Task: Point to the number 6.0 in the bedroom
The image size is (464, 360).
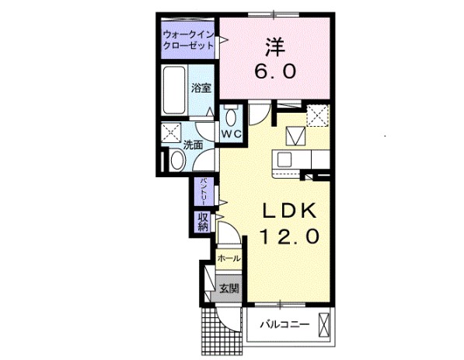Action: pyautogui.click(x=274, y=71)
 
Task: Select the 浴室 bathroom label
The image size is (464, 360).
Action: pyautogui.click(x=201, y=88)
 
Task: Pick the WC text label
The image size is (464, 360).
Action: pyautogui.click(x=232, y=134)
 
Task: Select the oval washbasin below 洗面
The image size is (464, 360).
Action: pyautogui.click(x=176, y=161)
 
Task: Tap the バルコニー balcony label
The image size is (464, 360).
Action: pyautogui.click(x=284, y=324)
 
